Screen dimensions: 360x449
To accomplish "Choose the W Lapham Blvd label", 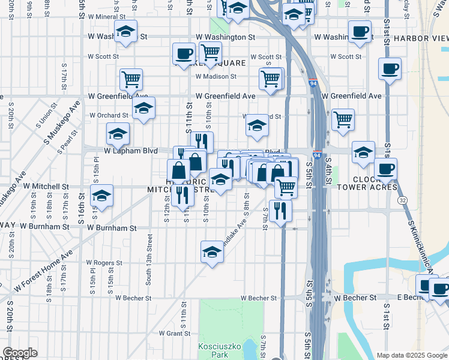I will [131, 151].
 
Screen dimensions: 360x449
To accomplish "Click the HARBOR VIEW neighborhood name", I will [423, 38].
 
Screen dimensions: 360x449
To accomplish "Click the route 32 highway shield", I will [401, 200].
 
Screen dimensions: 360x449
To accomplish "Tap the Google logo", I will [20, 353].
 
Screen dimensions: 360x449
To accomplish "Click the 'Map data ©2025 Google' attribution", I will [412, 355].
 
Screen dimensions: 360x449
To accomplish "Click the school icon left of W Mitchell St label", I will [101, 196].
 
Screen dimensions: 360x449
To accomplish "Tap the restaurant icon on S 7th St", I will [280, 211].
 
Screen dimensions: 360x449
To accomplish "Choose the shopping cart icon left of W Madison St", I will [130, 79].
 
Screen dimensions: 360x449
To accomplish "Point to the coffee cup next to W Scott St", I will [184, 54].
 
